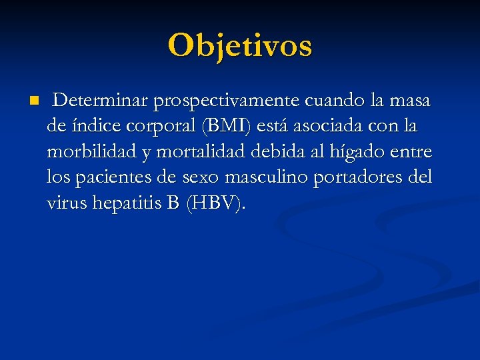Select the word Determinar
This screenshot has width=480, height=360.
[101, 101]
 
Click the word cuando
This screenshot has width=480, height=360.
[338, 101]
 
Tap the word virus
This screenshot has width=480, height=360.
[65, 203]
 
